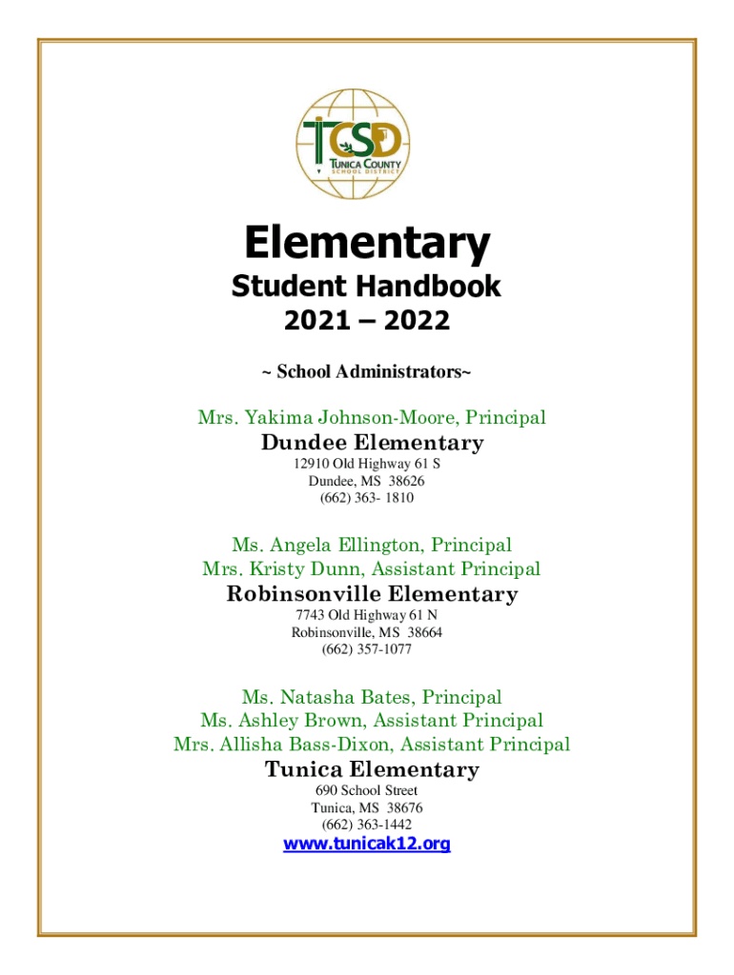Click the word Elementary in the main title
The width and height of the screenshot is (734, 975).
click(x=367, y=246)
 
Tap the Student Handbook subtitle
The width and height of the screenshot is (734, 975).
click(x=367, y=287)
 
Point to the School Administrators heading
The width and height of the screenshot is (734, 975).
click(x=367, y=371)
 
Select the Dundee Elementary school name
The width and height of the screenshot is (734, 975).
click(x=372, y=443)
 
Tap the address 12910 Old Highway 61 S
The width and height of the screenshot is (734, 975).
click(x=367, y=464)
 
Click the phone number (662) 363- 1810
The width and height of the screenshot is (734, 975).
click(x=367, y=498)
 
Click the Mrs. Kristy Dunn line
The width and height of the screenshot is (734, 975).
click(x=371, y=568)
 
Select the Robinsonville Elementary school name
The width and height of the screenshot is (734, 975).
click(x=372, y=594)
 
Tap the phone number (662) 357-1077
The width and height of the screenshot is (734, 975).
click(x=367, y=650)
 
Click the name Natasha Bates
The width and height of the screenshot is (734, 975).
click(x=352, y=698)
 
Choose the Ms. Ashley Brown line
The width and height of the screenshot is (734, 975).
click(x=371, y=721)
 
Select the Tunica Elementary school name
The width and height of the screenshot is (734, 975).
click(x=372, y=769)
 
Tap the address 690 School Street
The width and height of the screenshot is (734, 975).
click(x=367, y=790)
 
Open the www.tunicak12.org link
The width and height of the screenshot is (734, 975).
click(x=367, y=844)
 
